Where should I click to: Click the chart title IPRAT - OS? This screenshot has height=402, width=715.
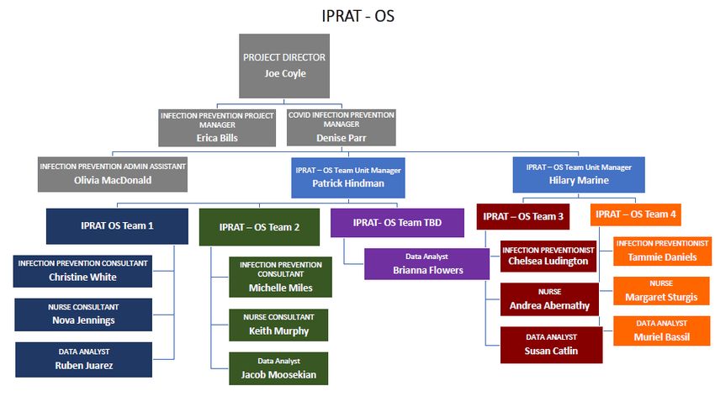tap(358, 16)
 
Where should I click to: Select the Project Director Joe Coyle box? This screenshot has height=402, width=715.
tap(284, 66)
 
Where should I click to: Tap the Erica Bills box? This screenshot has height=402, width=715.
tap(217, 128)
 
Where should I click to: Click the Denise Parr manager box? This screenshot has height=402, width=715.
tap(341, 127)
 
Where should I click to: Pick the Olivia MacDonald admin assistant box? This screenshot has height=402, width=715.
tap(113, 175)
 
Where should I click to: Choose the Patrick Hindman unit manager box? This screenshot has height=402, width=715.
tap(348, 177)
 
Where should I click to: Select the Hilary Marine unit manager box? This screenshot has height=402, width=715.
tap(579, 175)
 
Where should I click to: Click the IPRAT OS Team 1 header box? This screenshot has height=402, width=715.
tap(117, 226)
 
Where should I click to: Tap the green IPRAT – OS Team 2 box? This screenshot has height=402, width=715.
tap(259, 227)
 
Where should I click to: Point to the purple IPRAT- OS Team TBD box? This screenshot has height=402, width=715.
tap(397, 223)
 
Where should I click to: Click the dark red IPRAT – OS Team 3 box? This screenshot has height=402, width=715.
tap(523, 216)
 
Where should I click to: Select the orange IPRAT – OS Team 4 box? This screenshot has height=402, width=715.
tap(636, 214)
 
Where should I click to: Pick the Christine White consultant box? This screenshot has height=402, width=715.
tap(82, 271)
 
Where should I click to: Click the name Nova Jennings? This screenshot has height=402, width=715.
tap(83, 320)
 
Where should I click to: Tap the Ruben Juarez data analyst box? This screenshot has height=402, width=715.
tap(84, 360)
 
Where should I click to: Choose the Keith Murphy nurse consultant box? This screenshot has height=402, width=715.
tap(278, 325)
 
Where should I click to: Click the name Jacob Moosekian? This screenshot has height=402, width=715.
tap(278, 374)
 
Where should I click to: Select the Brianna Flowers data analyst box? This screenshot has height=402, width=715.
tap(426, 264)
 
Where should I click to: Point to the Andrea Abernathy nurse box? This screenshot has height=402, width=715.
tap(549, 299)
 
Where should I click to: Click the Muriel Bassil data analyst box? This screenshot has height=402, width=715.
tap(662, 331)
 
